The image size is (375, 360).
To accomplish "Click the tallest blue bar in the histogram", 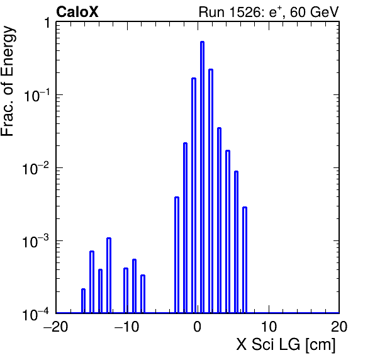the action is (x=203, y=177).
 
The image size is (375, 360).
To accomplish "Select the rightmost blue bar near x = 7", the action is (x=245, y=260).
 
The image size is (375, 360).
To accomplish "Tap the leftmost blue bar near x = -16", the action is (x=83, y=301).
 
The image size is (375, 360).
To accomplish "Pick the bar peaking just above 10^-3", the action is (x=109, y=275).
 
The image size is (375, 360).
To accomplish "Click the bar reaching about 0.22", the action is (x=211, y=191).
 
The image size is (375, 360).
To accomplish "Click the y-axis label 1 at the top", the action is (x=47, y=23).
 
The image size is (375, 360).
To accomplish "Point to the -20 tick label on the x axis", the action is (x=55, y=327).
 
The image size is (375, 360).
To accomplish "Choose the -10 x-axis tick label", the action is (x=126, y=327).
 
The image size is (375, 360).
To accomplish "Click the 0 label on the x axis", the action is (x=198, y=327).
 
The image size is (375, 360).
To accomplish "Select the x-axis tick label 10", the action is (x=269, y=327).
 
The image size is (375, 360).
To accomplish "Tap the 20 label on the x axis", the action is (x=339, y=327).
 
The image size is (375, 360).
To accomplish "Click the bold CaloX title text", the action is (x=77, y=12).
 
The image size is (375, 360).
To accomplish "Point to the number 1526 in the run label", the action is (x=245, y=12).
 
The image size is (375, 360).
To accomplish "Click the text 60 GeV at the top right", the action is (x=314, y=12).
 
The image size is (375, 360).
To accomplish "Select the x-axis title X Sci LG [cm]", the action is (x=286, y=345).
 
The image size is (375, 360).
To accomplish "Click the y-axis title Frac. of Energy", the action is (x=8, y=81).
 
